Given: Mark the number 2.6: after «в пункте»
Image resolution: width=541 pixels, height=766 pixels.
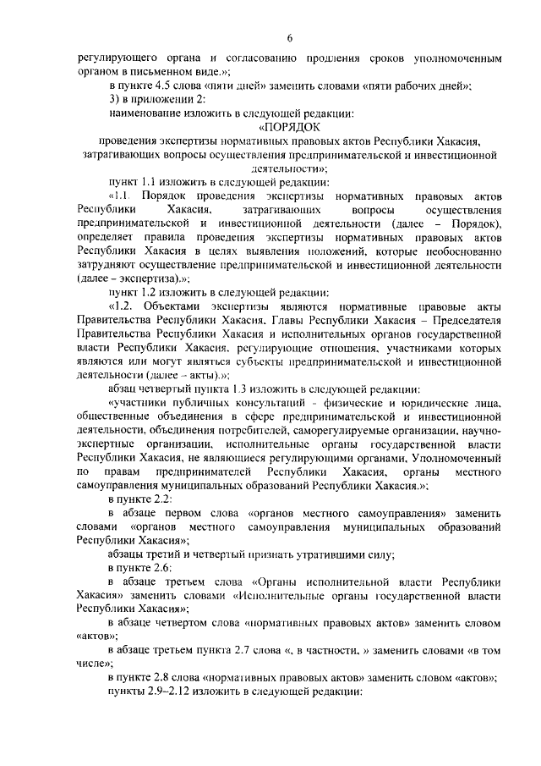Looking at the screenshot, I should tap(156, 567).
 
